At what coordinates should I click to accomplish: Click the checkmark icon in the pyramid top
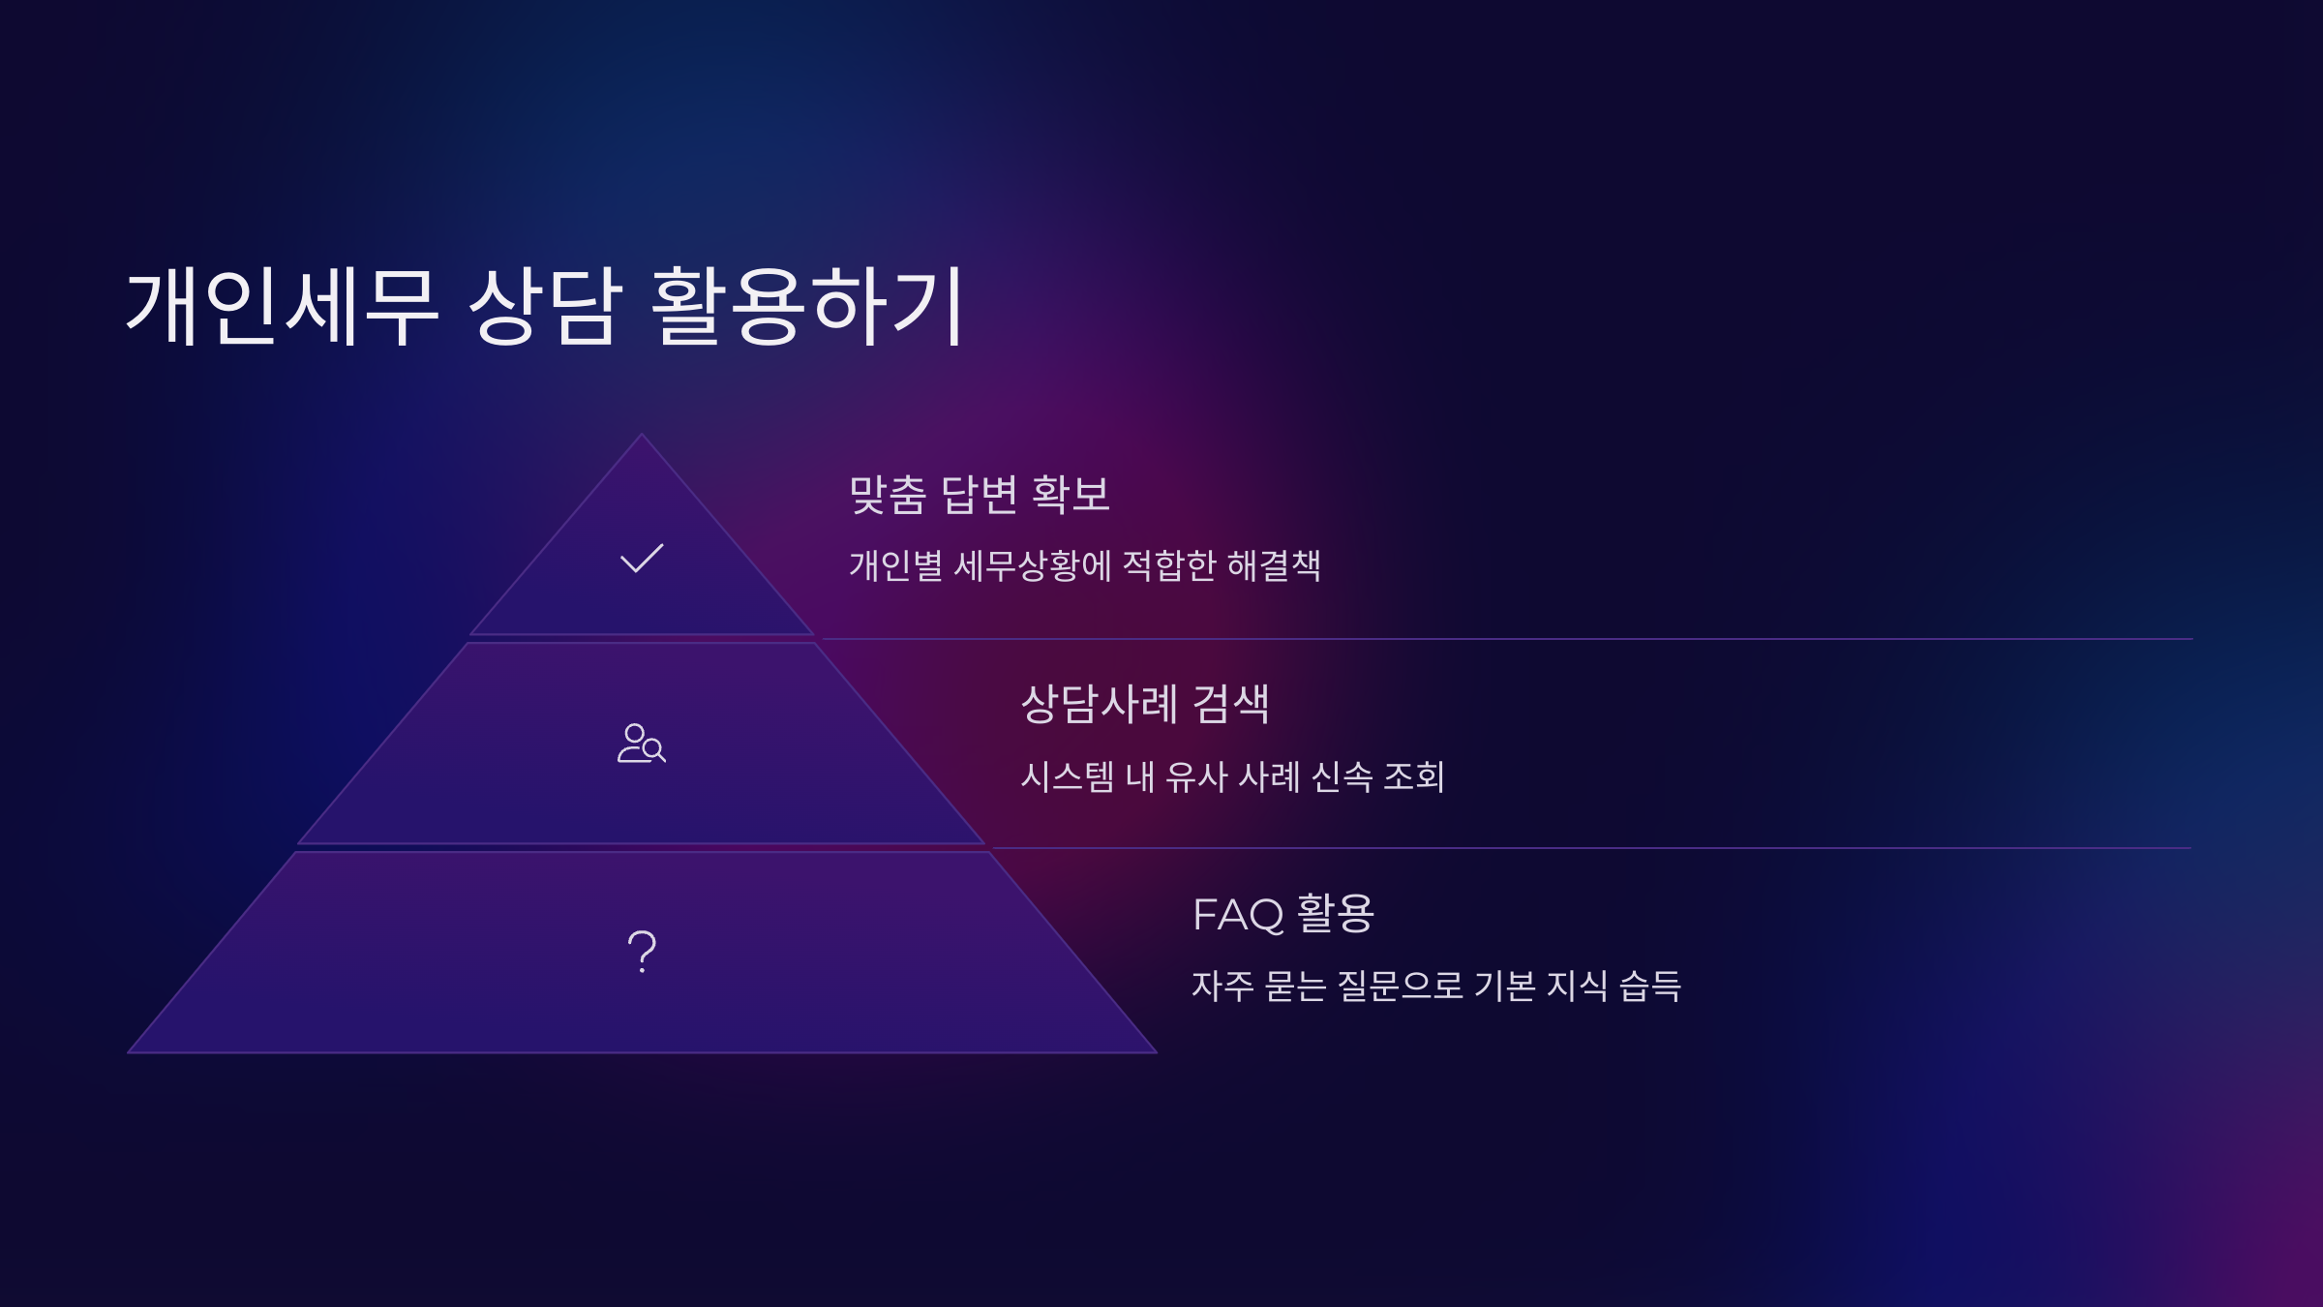642,558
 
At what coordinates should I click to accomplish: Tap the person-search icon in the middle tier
641,744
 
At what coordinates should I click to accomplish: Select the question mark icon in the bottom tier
642,951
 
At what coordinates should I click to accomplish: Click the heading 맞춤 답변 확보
979,495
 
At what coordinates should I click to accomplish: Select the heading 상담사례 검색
1145,704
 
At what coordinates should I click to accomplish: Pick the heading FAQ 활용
1282,914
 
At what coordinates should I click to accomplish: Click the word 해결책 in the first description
1274,565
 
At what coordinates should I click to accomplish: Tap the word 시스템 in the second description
1068,776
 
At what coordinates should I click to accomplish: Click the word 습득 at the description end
1650,986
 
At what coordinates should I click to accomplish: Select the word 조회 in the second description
1414,776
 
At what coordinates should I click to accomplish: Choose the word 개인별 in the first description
895,565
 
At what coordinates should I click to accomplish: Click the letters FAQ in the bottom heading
1238,915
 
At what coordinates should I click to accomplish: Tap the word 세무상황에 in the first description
1033,565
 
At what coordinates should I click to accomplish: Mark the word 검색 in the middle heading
1230,704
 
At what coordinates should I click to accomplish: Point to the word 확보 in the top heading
1071,495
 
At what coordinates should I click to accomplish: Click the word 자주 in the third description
1222,986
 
